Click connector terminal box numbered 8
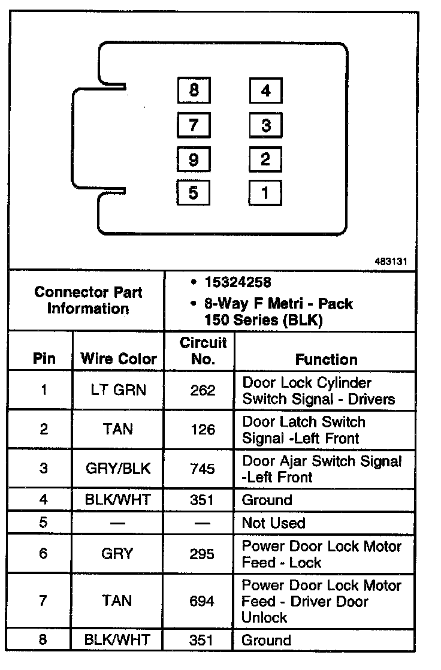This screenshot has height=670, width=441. (194, 91)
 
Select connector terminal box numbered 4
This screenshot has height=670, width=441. (265, 91)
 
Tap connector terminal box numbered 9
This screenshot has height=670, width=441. (194, 160)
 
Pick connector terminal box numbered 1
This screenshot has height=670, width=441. (265, 193)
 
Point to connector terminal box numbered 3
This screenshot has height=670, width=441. (265, 125)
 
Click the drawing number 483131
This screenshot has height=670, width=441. (391, 262)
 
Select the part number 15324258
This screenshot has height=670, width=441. (237, 282)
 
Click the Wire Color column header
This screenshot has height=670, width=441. (118, 359)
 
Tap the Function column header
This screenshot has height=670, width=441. (326, 360)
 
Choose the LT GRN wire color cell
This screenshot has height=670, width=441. (118, 391)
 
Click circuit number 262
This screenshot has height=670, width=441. (203, 391)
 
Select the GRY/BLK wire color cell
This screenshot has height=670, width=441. (118, 469)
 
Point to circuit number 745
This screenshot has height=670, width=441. (203, 469)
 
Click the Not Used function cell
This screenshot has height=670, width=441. (273, 523)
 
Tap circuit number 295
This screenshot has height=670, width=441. (203, 554)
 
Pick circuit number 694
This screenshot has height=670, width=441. (203, 600)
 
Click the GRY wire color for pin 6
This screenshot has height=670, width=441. (118, 554)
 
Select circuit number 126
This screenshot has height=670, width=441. (203, 430)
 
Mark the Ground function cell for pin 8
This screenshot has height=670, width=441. (267, 640)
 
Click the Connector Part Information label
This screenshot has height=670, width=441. (88, 301)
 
